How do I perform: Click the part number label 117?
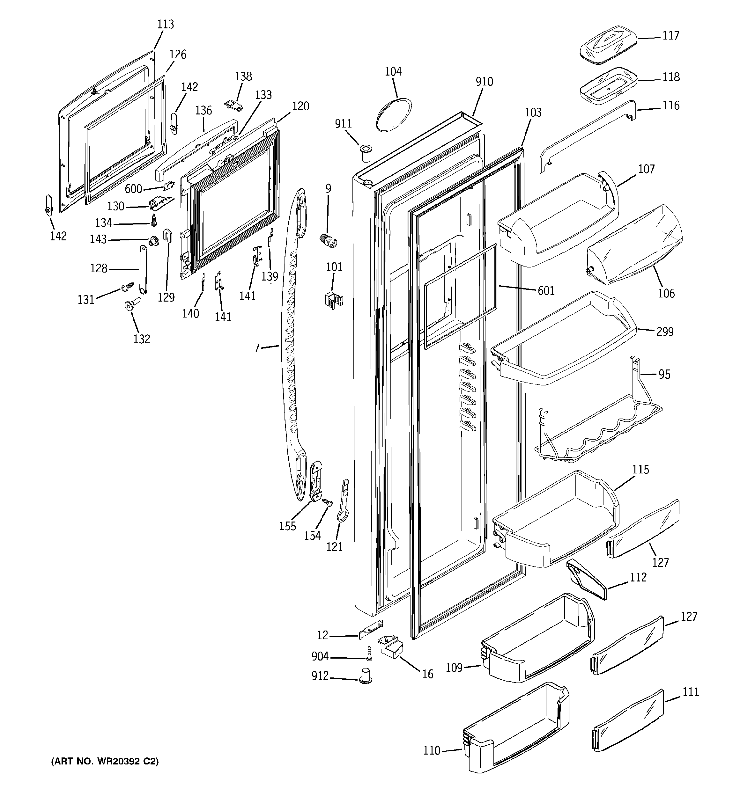point(670,36)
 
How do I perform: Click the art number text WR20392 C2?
point(105,761)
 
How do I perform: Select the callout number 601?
point(546,291)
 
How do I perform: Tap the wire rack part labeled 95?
point(596,429)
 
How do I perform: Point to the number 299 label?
point(664,332)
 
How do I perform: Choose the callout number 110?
point(432,750)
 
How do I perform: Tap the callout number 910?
point(484,82)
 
